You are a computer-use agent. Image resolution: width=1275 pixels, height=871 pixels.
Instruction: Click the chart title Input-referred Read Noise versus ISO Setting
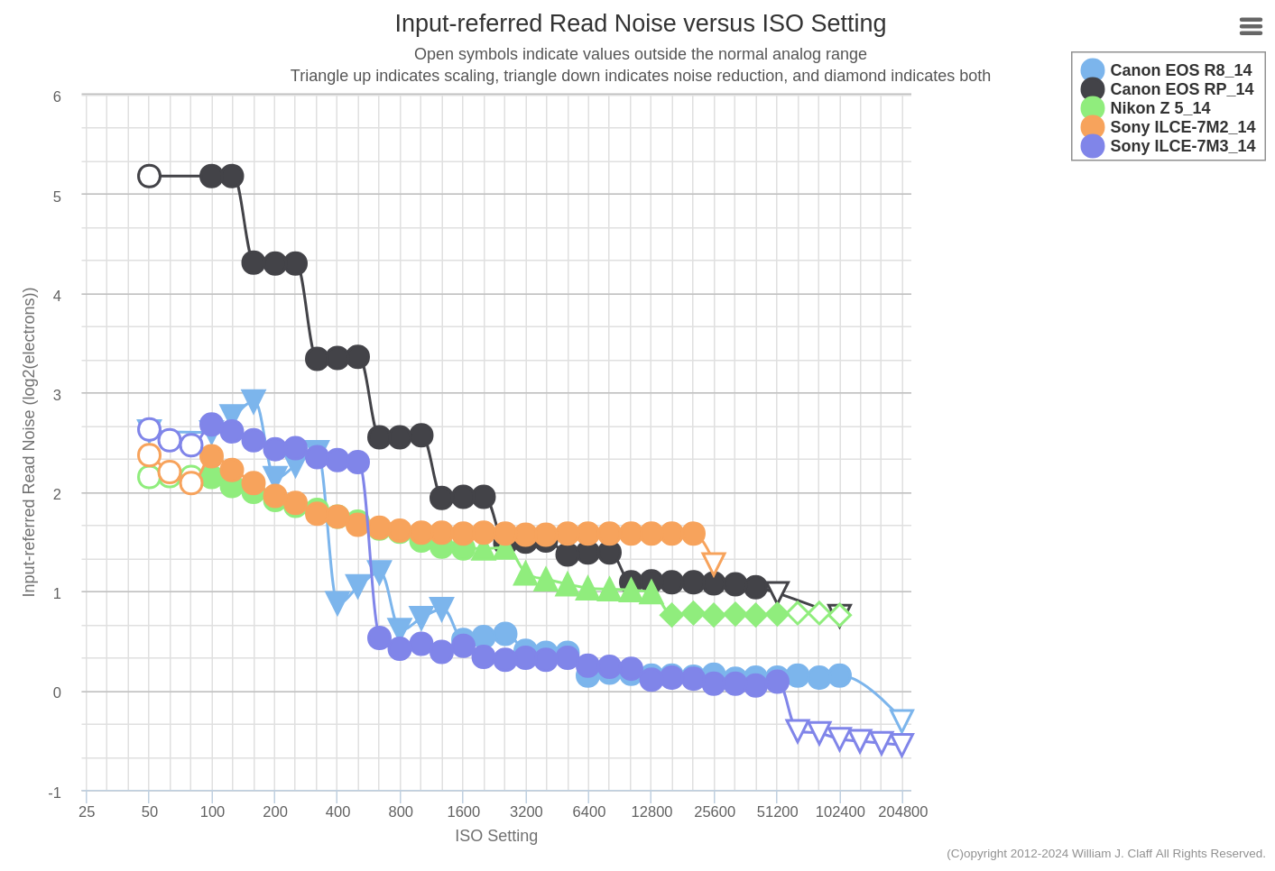point(640,23)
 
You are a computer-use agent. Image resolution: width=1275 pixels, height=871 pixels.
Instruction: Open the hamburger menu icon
point(1251,27)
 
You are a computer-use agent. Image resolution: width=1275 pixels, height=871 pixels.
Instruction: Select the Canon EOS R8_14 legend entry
point(1180,70)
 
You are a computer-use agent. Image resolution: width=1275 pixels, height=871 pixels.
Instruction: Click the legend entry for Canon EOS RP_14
point(1181,89)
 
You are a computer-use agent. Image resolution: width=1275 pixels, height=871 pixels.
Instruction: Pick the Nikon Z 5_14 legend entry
point(1160,108)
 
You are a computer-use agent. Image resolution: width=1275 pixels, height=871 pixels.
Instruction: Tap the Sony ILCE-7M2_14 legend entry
point(1182,127)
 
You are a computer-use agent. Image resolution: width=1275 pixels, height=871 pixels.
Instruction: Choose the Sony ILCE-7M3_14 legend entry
point(1182,146)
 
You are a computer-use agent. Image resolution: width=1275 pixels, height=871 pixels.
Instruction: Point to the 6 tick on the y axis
point(57,96)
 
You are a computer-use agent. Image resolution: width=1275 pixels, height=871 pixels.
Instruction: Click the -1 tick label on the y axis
point(55,793)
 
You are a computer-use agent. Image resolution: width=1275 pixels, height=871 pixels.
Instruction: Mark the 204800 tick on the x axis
point(902,811)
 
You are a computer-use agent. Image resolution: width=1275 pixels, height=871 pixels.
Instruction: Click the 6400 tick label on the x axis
point(589,811)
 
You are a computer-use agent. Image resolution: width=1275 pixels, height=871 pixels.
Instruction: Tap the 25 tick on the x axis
point(87,811)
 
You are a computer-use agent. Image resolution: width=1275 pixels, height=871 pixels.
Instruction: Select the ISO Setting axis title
point(496,836)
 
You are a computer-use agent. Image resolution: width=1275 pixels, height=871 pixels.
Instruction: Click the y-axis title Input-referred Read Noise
point(29,442)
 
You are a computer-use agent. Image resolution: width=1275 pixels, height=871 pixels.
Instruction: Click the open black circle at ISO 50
point(150,176)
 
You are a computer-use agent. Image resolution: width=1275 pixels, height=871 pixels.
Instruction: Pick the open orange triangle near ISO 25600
point(714,564)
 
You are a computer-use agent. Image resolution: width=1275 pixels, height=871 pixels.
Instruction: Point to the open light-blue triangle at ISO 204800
point(901,720)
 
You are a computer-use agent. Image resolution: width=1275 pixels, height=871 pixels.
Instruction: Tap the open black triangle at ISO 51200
point(777,591)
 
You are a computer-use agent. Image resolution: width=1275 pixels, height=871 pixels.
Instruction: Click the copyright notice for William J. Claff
point(1105,853)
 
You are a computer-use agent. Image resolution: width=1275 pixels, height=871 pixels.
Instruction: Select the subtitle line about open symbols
point(640,54)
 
